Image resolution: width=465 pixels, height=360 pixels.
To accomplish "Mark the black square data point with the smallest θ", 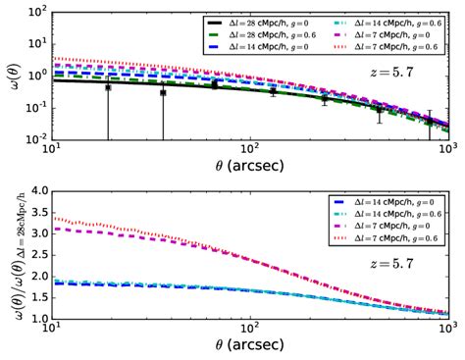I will pyautogui.click(x=108, y=87).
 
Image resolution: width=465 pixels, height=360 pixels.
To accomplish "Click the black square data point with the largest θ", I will pyautogui.click(x=429, y=122).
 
